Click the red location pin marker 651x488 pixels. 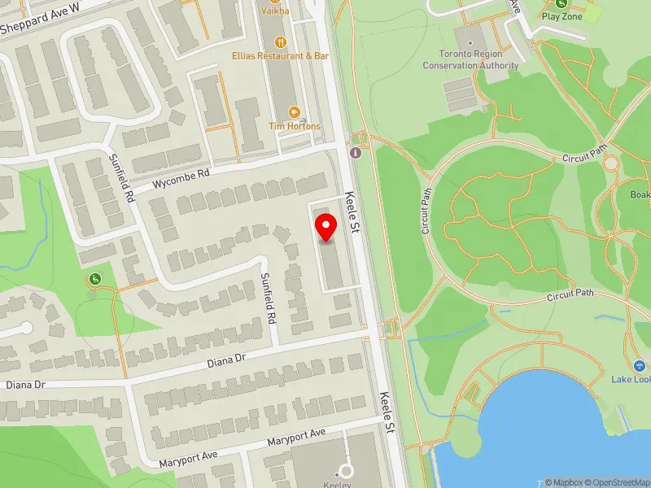coord(326,228)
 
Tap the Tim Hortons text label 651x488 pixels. coord(295,126)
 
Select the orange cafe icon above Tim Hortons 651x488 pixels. coord(295,111)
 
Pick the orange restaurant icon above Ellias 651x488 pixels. coord(282,41)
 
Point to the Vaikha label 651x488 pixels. coord(274,11)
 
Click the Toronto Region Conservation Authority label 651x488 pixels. coord(470,60)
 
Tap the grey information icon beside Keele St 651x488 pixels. coord(355,153)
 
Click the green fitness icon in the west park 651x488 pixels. coord(95,280)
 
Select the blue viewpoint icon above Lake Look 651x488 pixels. coord(638,365)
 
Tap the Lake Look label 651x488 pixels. coord(631,380)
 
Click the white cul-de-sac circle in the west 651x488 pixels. coord(26,329)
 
